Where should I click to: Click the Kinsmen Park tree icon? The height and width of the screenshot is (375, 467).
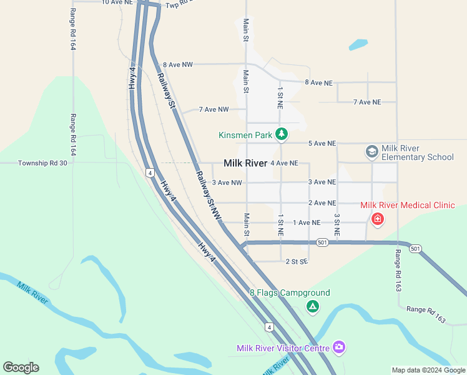click(282, 133)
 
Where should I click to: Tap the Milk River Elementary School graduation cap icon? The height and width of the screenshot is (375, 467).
click(371, 152)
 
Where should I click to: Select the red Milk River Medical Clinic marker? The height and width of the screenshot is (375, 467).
click(377, 219)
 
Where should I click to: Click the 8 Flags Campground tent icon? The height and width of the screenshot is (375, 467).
click(312, 306)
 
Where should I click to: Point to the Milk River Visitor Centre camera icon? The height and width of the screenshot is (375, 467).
click(339, 347)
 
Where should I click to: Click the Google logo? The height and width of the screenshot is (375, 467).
click(21, 367)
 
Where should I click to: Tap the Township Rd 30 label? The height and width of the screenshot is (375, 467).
click(42, 162)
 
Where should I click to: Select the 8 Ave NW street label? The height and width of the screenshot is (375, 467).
click(177, 64)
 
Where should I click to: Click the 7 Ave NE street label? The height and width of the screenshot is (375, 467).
click(366, 102)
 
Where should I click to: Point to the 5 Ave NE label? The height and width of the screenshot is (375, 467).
click(322, 143)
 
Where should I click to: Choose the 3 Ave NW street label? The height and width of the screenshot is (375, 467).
click(227, 182)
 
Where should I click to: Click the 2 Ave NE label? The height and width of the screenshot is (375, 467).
click(322, 203)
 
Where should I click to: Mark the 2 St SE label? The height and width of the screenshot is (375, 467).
click(297, 261)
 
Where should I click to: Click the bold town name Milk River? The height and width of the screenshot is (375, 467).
click(245, 163)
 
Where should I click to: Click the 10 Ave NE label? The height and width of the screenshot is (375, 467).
click(117, 2)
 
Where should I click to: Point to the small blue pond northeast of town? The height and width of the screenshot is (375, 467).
click(358, 45)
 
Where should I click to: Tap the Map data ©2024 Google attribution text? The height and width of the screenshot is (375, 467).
click(428, 370)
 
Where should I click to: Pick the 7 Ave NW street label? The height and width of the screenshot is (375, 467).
click(214, 109)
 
